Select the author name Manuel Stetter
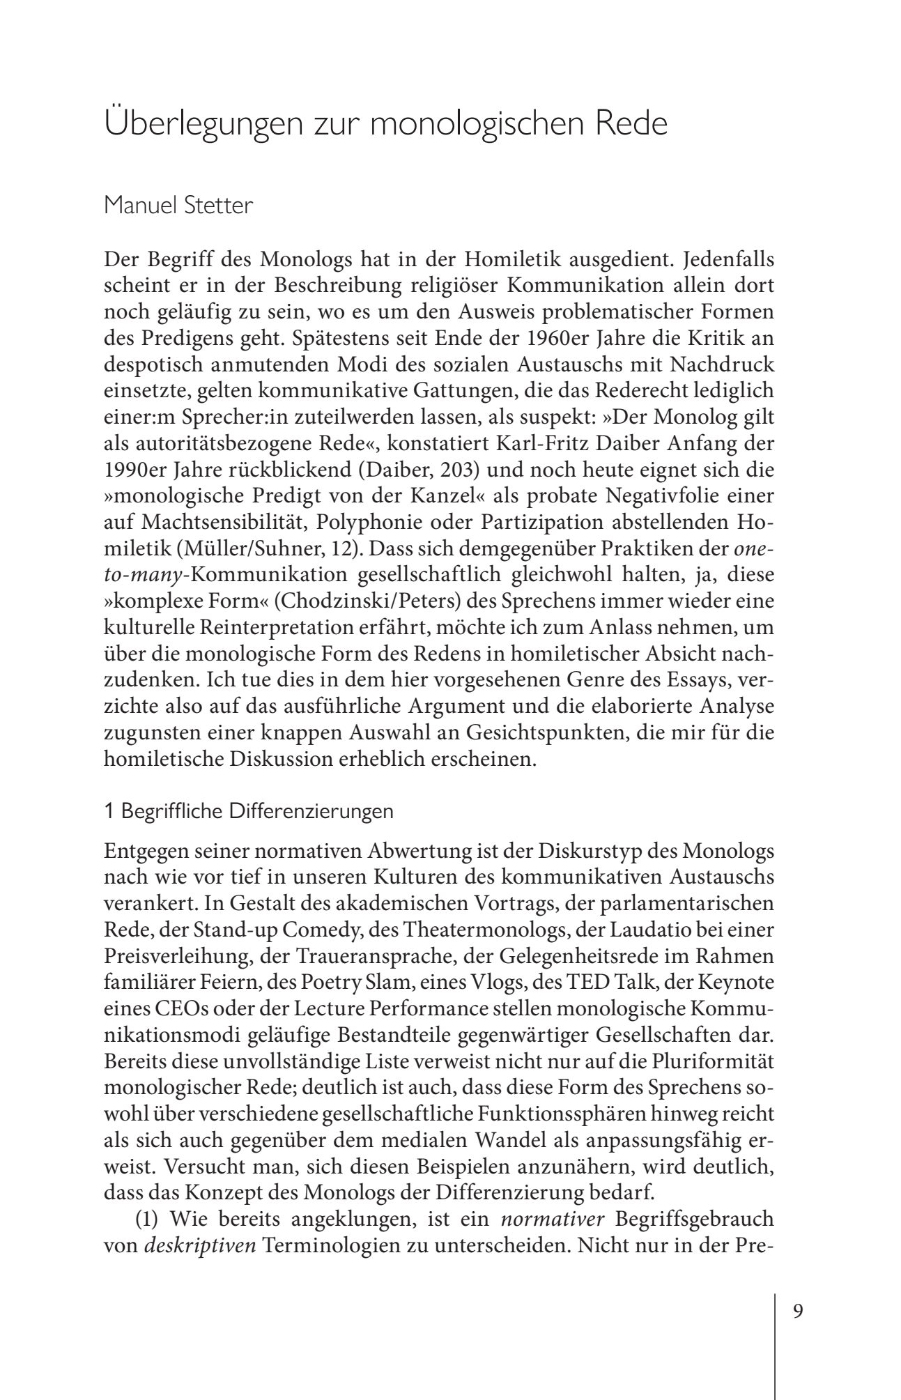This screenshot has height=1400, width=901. click(178, 206)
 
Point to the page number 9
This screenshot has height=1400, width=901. click(798, 1310)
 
